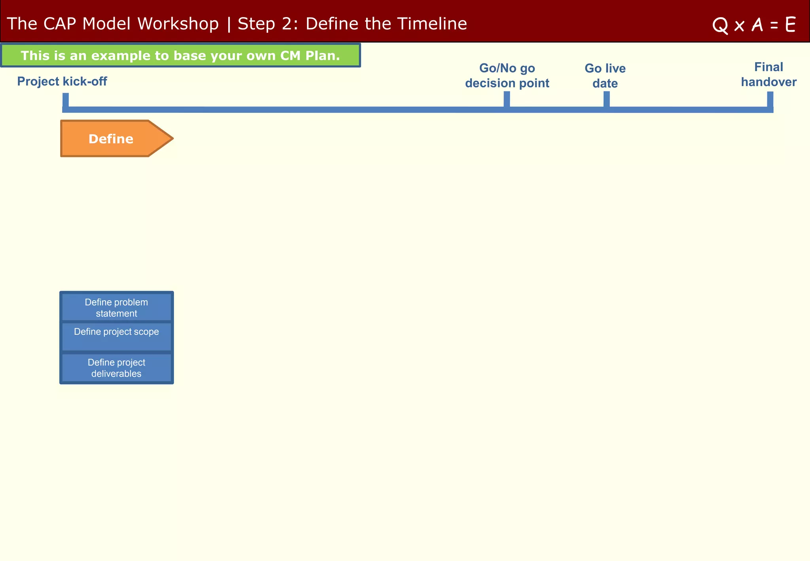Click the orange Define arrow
111,139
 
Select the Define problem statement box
116,307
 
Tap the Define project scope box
116,336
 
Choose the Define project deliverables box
116,368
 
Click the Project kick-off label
62,81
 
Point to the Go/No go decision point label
507,76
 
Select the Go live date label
605,76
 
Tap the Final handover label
768,74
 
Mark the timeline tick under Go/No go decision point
507,99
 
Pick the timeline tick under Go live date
606,99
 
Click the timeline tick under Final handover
770,99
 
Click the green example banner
180,55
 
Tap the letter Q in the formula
720,25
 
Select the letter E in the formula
790,25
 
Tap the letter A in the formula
757,25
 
